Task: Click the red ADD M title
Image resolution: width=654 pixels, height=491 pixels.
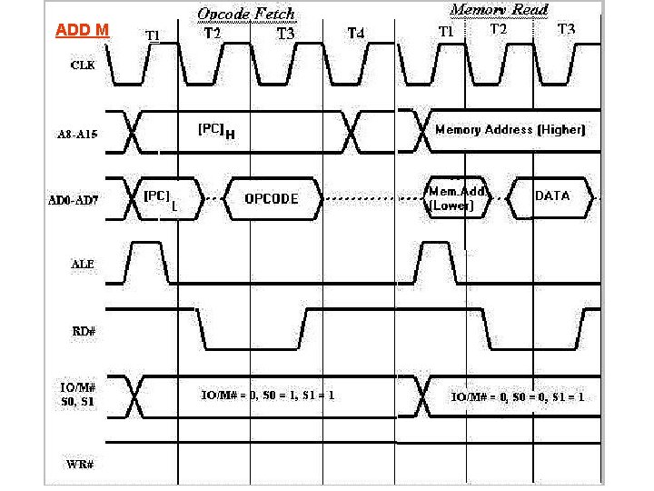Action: pos(82,30)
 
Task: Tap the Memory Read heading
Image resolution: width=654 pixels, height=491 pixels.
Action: pos(499,10)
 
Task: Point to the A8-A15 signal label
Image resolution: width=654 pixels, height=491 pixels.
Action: pos(79,133)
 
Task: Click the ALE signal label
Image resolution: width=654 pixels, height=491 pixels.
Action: pos(83,265)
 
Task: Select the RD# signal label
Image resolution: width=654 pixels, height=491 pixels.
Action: pos(83,331)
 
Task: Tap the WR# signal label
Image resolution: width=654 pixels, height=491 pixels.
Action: pos(82,465)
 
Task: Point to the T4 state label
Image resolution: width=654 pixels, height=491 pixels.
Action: pos(357,34)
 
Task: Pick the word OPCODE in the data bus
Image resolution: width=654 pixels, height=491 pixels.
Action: pos(272,199)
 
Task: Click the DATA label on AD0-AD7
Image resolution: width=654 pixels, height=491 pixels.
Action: pos(552,195)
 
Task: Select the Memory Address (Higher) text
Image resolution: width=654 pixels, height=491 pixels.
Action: pos(510,129)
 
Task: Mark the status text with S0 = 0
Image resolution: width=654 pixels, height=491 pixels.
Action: pos(518,396)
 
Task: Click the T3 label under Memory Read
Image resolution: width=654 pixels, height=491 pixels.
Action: pos(566,29)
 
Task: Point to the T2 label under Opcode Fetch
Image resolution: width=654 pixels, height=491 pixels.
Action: pos(212,32)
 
